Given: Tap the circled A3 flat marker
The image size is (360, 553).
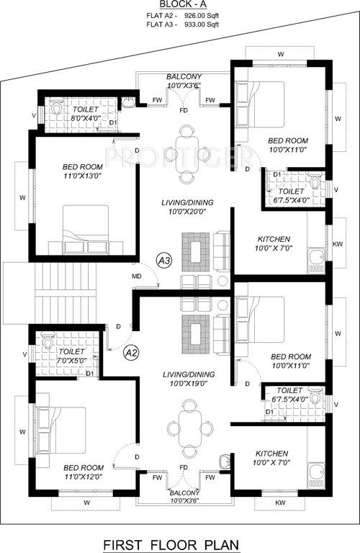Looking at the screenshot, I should coord(165,261).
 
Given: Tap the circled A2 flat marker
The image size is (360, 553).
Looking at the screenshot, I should coord(131,353).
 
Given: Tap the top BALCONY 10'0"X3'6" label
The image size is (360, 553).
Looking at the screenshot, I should coord(184,81).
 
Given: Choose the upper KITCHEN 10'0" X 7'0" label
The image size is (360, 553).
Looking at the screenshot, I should coord(273,243).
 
